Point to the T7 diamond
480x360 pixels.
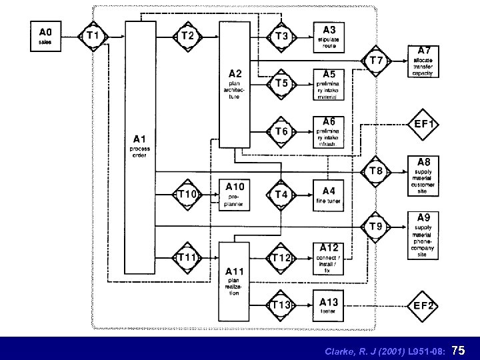pos(377,60)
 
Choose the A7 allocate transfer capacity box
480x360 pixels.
pos(424,61)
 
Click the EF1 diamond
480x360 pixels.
pos(425,124)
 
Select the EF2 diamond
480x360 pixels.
pos(425,306)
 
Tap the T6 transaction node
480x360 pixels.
pos(281,132)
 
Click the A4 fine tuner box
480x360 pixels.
pos(329,195)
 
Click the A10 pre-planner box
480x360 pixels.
pos(235,195)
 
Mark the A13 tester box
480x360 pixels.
pos(329,305)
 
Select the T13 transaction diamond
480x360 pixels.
pos(281,305)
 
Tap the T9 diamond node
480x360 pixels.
pos(377,227)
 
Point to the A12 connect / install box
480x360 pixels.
pos(329,258)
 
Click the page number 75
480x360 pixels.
pos(461,349)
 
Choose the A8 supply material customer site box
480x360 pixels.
pos(424,175)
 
